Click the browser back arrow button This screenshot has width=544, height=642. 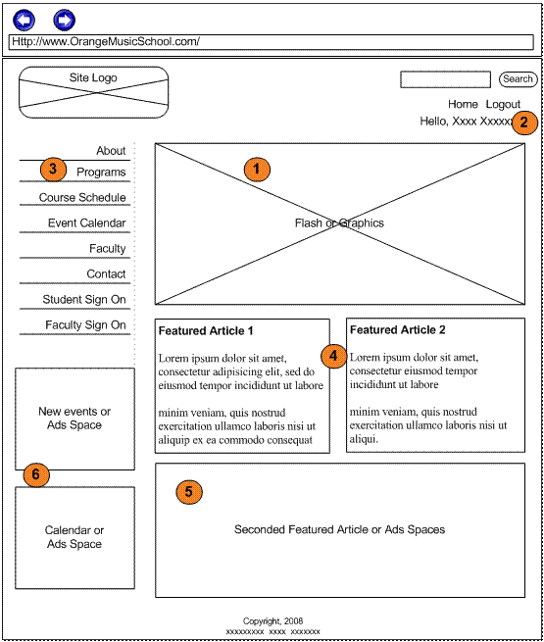click(24, 20)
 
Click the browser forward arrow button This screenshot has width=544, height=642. click(65, 20)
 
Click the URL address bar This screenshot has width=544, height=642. click(271, 42)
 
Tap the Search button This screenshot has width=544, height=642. click(518, 79)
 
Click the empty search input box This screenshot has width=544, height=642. click(445, 79)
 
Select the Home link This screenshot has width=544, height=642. click(463, 104)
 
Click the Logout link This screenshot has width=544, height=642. click(503, 105)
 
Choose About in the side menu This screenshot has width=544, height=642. click(111, 151)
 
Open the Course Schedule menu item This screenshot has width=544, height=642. click(82, 197)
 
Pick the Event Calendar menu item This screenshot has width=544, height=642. click(87, 222)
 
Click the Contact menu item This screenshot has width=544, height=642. click(106, 273)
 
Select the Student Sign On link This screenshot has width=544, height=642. click(84, 300)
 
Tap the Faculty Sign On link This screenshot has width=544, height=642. click(85, 325)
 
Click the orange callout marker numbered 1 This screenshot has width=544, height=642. click(257, 170)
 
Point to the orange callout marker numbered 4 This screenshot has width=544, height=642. click(333, 356)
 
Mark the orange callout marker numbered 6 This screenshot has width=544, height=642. click(36, 475)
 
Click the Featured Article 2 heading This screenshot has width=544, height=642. click(397, 330)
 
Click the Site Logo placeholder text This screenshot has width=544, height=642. click(93, 77)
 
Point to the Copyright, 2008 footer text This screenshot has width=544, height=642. click(273, 621)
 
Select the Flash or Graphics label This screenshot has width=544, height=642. click(339, 223)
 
